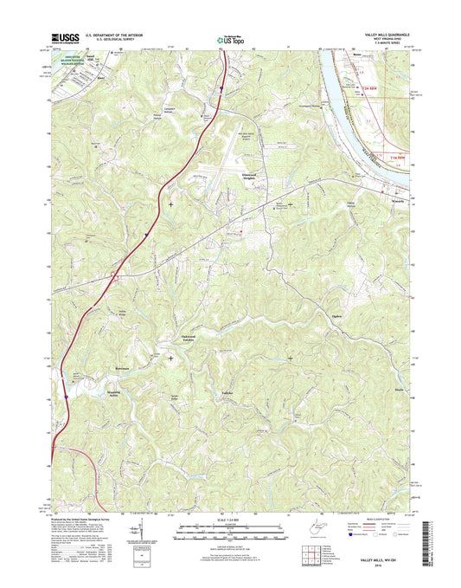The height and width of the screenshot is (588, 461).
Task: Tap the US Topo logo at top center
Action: pyautogui.click(x=229, y=38)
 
